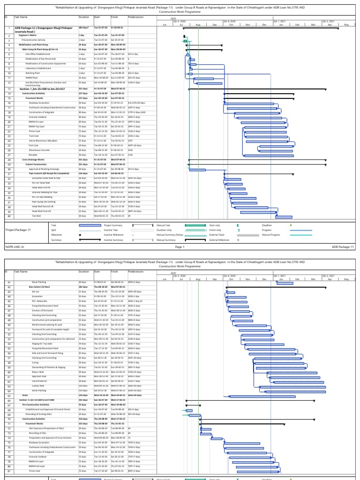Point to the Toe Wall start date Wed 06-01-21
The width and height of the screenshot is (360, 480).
[101, 216]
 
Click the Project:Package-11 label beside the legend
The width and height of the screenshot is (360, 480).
[18, 230]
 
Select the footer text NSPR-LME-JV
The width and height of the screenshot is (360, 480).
[15, 247]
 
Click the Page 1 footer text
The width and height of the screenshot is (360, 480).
[180, 247]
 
